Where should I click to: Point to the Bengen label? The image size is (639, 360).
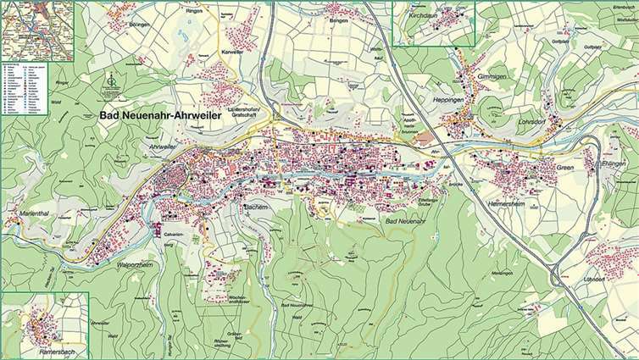pyautogui.click(x=340, y=23)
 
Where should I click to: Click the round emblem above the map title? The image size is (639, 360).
pyautogui.click(x=110, y=81)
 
